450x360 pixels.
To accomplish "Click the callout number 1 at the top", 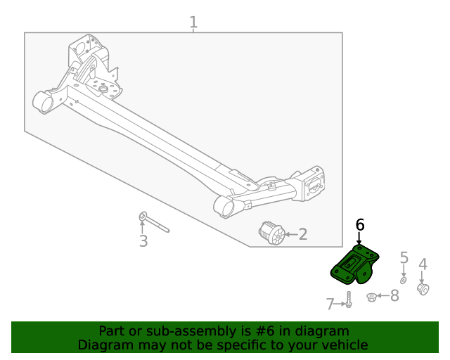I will (x=193, y=22).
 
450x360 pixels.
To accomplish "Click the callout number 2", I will (x=303, y=234).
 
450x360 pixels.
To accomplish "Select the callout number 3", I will (x=143, y=242).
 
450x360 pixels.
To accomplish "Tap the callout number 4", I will (x=423, y=264).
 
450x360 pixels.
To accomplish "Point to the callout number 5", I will (x=404, y=258).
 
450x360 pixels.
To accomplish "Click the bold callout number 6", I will (x=360, y=225).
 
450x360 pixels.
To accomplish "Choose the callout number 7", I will (x=330, y=304).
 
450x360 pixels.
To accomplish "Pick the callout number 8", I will (x=394, y=296).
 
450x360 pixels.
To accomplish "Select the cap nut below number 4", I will (x=423, y=289).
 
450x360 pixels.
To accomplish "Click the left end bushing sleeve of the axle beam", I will (x=44, y=103).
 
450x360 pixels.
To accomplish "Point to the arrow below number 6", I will (x=359, y=240).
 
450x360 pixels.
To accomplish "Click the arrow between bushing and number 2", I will (x=290, y=234).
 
